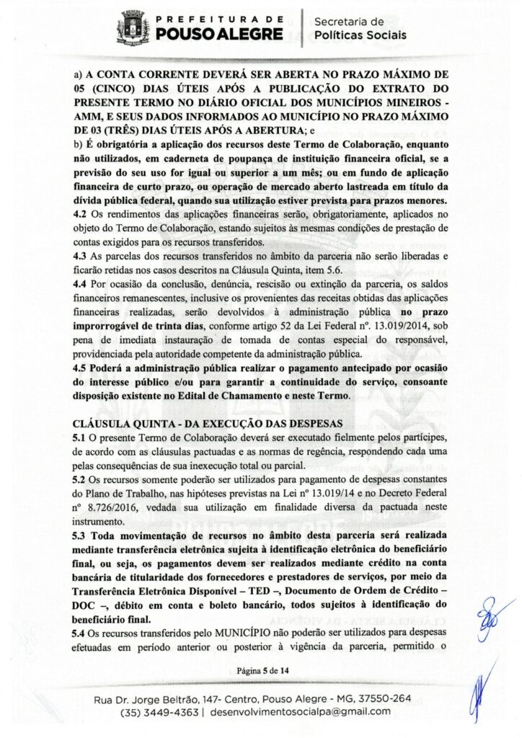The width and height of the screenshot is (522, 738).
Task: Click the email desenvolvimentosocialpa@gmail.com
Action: click(x=301, y=712)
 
